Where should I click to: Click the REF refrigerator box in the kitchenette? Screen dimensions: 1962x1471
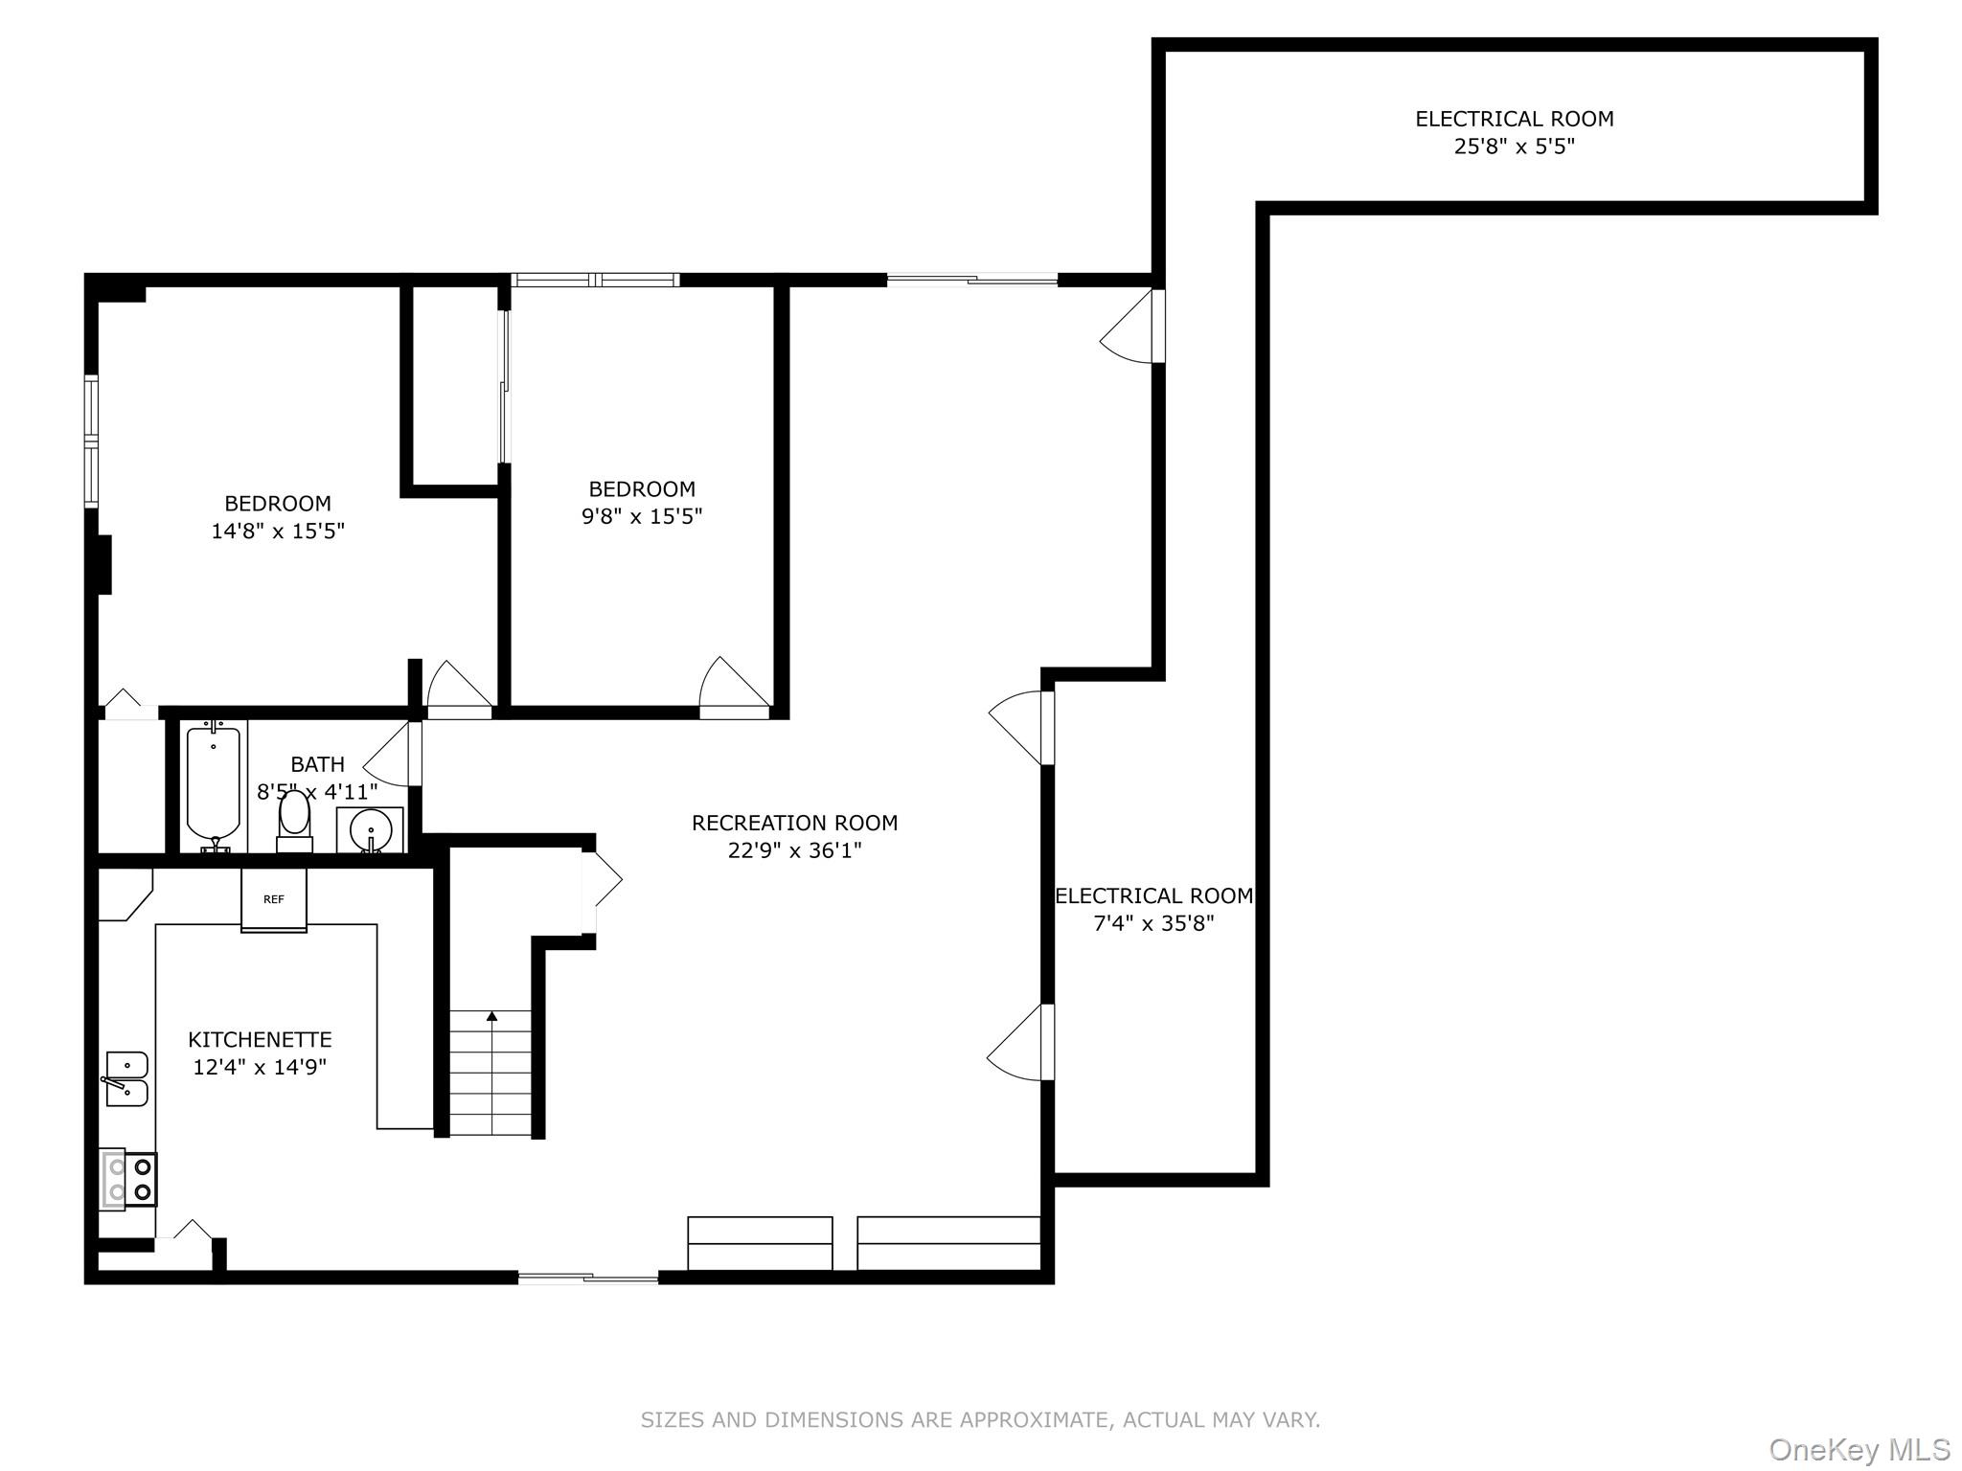(274, 899)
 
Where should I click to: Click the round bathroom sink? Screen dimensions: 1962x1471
(370, 829)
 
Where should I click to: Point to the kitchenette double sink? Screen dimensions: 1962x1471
(126, 1078)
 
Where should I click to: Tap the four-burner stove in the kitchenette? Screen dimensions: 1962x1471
(129, 1179)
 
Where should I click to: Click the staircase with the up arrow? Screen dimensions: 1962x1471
(490, 1073)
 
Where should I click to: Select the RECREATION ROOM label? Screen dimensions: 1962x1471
(794, 823)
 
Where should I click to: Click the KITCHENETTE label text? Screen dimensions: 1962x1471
(260, 1039)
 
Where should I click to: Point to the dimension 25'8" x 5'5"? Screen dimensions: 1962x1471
(1514, 147)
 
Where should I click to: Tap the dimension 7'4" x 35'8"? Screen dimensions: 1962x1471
(1153, 923)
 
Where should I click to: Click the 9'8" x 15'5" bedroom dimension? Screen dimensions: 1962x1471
(642, 516)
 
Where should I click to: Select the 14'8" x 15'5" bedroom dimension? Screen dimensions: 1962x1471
(278, 531)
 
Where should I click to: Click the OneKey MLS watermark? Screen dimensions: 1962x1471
(1859, 1449)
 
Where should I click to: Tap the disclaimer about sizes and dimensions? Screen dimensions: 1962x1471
(980, 1419)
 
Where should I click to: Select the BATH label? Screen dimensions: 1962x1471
(317, 764)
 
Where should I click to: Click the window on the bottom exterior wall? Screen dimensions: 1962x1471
(588, 1277)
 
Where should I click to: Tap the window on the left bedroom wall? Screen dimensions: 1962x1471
(92, 441)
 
